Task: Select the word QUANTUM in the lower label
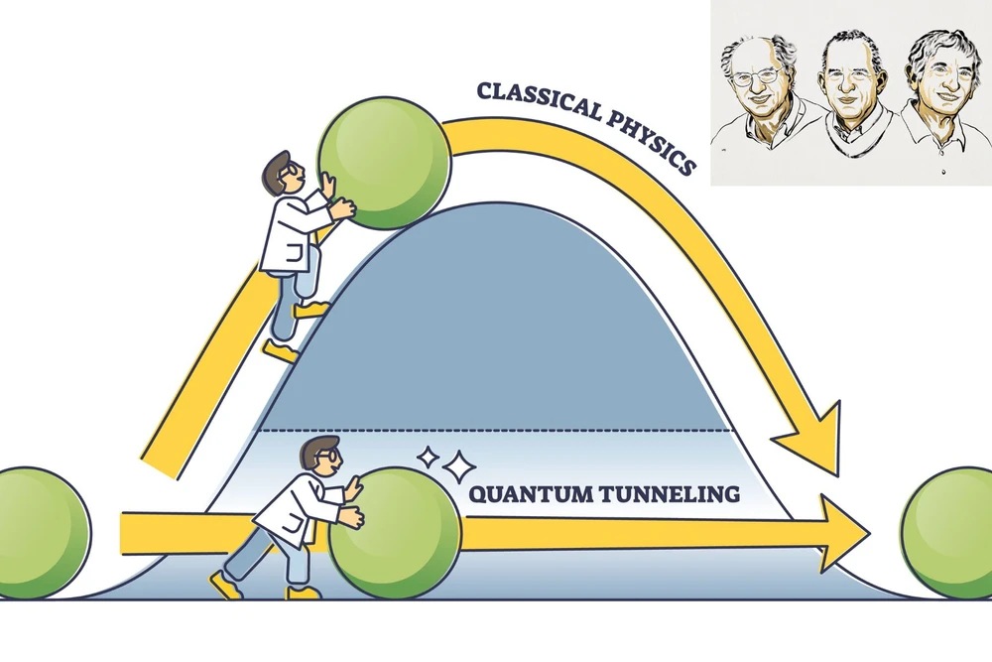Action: click(517, 493)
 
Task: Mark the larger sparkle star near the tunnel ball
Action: click(458, 464)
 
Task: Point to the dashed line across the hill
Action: click(496, 430)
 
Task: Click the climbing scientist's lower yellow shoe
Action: click(281, 351)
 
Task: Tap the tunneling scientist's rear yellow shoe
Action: click(226, 585)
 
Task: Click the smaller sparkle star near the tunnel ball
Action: click(428, 458)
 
